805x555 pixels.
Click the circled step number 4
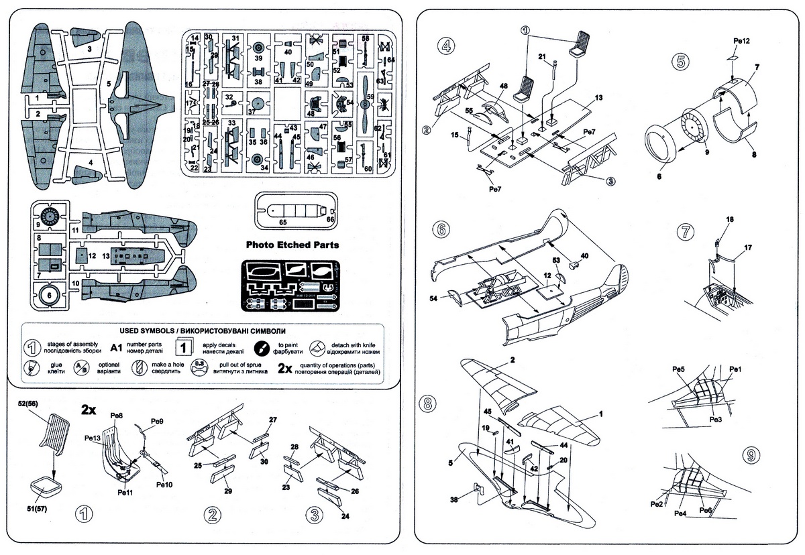click(445, 46)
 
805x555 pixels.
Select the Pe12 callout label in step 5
click(741, 41)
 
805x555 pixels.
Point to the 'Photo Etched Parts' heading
click(292, 245)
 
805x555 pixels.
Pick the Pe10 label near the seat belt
click(164, 485)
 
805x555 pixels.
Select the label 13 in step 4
click(598, 97)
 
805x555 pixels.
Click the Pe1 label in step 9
click(735, 370)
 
